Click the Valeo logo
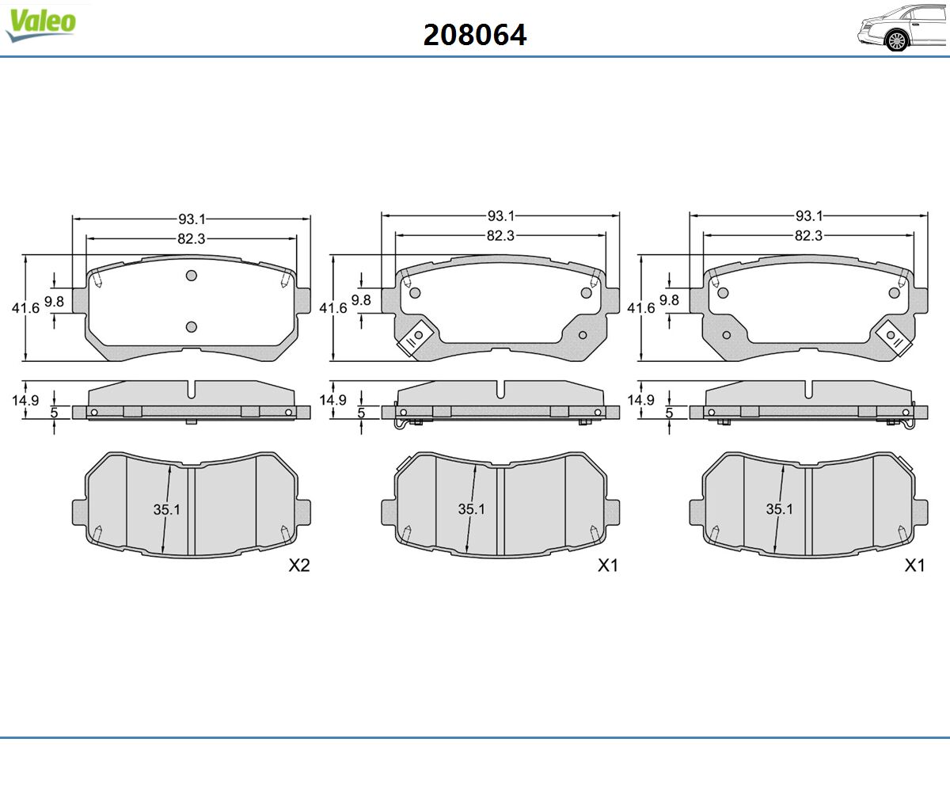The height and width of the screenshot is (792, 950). [x=40, y=25]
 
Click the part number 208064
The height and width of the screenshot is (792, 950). [x=474, y=35]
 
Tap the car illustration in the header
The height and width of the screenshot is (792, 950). [x=902, y=27]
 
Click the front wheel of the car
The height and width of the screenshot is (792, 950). [x=897, y=41]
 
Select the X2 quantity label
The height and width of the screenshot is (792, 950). [x=299, y=565]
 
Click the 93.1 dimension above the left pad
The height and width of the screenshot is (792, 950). [x=192, y=219]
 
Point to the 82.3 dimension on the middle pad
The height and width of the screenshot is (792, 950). [x=500, y=235]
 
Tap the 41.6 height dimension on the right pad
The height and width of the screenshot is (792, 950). [x=640, y=308]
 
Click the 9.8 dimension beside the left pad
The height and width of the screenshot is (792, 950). [x=54, y=301]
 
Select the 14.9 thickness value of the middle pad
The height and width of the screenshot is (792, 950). [x=332, y=400]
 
